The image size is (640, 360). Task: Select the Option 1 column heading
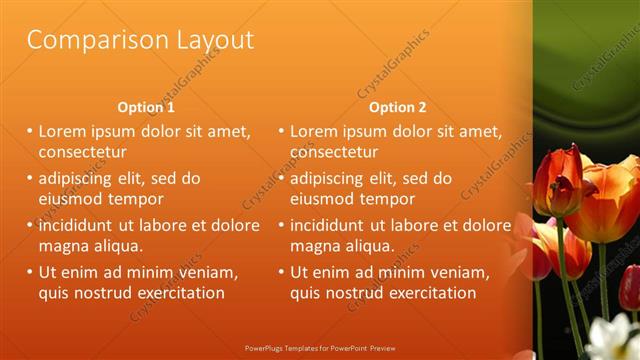pos(146,107)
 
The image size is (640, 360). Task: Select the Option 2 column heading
pos(397,107)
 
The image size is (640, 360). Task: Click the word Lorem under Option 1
pos(65,131)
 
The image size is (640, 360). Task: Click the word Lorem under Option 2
pos(316,131)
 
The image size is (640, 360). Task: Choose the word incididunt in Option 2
pos(335,224)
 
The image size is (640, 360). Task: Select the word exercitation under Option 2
pos(429,293)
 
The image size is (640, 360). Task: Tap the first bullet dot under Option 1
pos(30,131)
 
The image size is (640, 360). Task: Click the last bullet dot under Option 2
pos(281,272)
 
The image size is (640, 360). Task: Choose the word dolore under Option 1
pos(236,224)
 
